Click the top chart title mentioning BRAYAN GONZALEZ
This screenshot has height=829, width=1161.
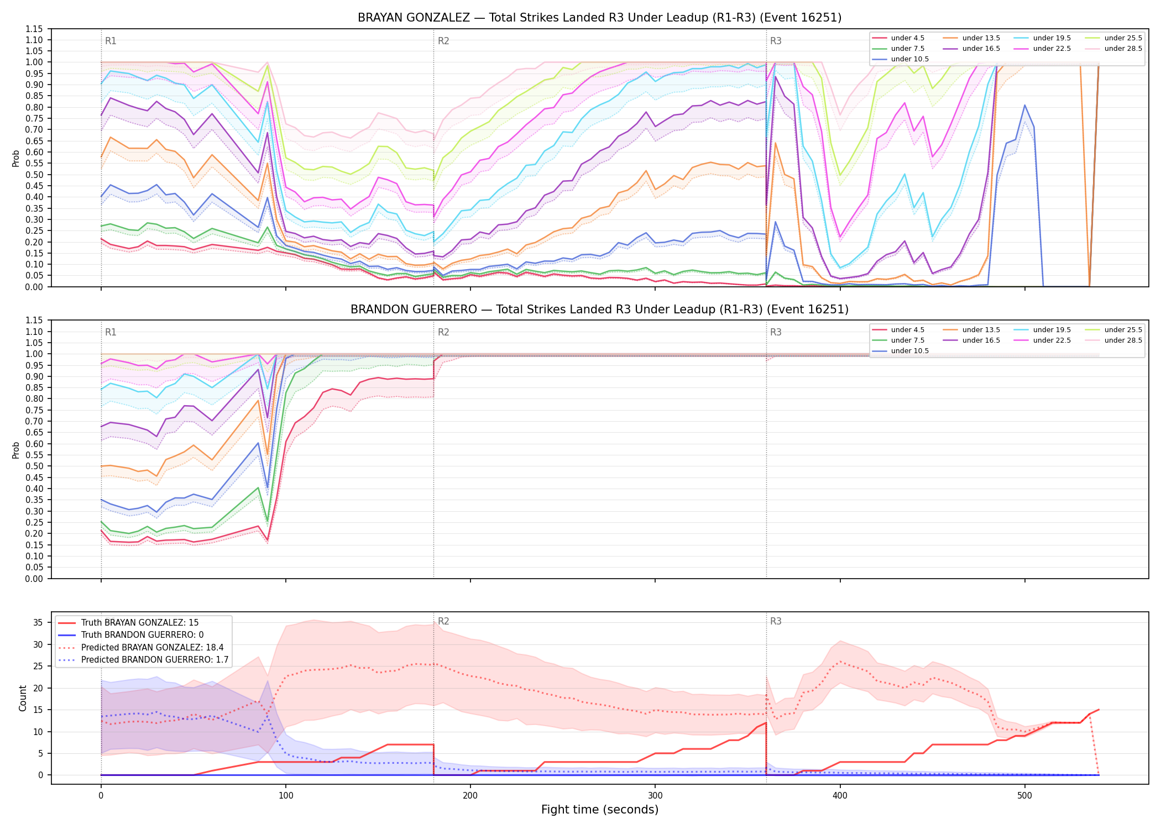point(599,18)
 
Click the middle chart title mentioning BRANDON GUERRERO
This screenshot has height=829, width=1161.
point(599,309)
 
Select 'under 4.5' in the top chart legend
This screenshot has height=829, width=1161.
point(908,38)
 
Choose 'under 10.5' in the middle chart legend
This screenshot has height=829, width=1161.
point(910,351)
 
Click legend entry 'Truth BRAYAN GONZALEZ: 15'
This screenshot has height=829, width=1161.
point(140,623)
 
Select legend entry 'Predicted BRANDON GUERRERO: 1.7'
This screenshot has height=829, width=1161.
point(155,660)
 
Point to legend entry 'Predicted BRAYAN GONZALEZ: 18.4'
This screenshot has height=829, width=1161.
point(153,648)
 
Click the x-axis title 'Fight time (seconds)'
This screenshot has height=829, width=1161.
point(600,810)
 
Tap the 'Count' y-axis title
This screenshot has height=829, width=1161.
point(23,698)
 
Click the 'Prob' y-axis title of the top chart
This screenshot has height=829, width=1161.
point(16,158)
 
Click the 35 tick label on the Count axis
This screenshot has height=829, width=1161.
point(38,623)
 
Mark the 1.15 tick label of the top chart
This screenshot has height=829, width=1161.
point(34,29)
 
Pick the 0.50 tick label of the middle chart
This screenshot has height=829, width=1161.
point(34,466)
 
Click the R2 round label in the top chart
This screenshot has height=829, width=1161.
point(443,41)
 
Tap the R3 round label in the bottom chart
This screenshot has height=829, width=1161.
point(776,621)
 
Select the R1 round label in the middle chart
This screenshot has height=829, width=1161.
point(111,332)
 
